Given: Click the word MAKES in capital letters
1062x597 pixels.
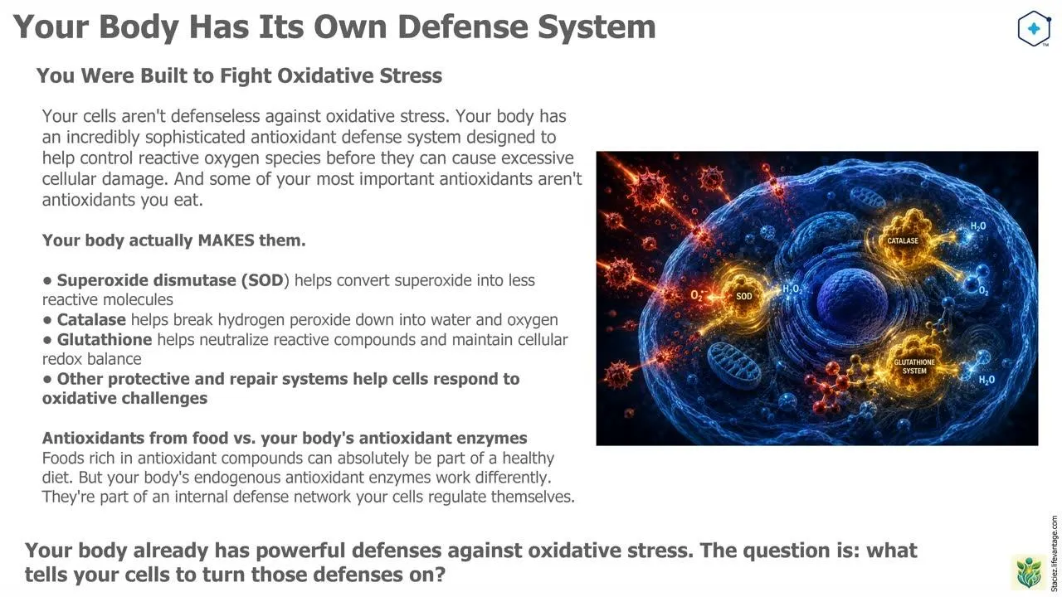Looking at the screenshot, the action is [227, 240].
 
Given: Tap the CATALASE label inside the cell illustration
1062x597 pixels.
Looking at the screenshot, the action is [903, 240].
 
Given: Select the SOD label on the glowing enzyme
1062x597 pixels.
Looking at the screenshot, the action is [744, 296].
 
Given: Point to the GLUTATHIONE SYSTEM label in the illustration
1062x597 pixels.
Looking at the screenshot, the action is [914, 366].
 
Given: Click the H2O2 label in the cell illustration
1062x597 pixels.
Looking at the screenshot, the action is [792, 289].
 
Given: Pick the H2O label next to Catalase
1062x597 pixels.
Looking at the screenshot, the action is [978, 226].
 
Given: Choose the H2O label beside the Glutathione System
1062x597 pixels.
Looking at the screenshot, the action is [986, 380].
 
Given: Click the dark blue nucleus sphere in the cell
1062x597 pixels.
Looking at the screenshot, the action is [852, 300].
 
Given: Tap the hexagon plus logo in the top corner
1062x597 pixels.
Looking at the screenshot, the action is [1034, 28].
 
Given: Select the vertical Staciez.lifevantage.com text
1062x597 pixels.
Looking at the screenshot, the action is [1054, 553].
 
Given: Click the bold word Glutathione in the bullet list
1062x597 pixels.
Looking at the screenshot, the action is [105, 340].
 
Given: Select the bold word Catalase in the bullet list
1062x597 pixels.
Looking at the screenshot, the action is [91, 320].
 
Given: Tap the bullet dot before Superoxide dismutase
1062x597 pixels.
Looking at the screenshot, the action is [47, 280].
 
